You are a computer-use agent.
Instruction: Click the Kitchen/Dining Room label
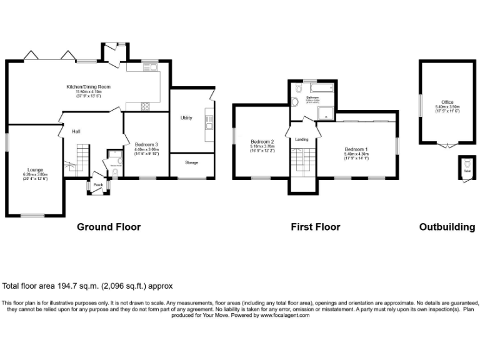[89, 86]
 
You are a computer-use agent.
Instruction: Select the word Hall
[76, 131]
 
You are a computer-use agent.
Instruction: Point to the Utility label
[186, 117]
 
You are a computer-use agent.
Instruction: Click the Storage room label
[191, 162]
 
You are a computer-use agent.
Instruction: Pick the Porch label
[98, 185]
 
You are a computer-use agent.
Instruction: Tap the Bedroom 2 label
[263, 141]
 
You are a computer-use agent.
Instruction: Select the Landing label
[302, 139]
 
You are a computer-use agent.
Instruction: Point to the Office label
[447, 102]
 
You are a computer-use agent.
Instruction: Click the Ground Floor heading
[109, 227]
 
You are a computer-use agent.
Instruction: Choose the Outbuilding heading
[447, 227]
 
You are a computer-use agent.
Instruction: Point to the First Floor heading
[316, 227]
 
